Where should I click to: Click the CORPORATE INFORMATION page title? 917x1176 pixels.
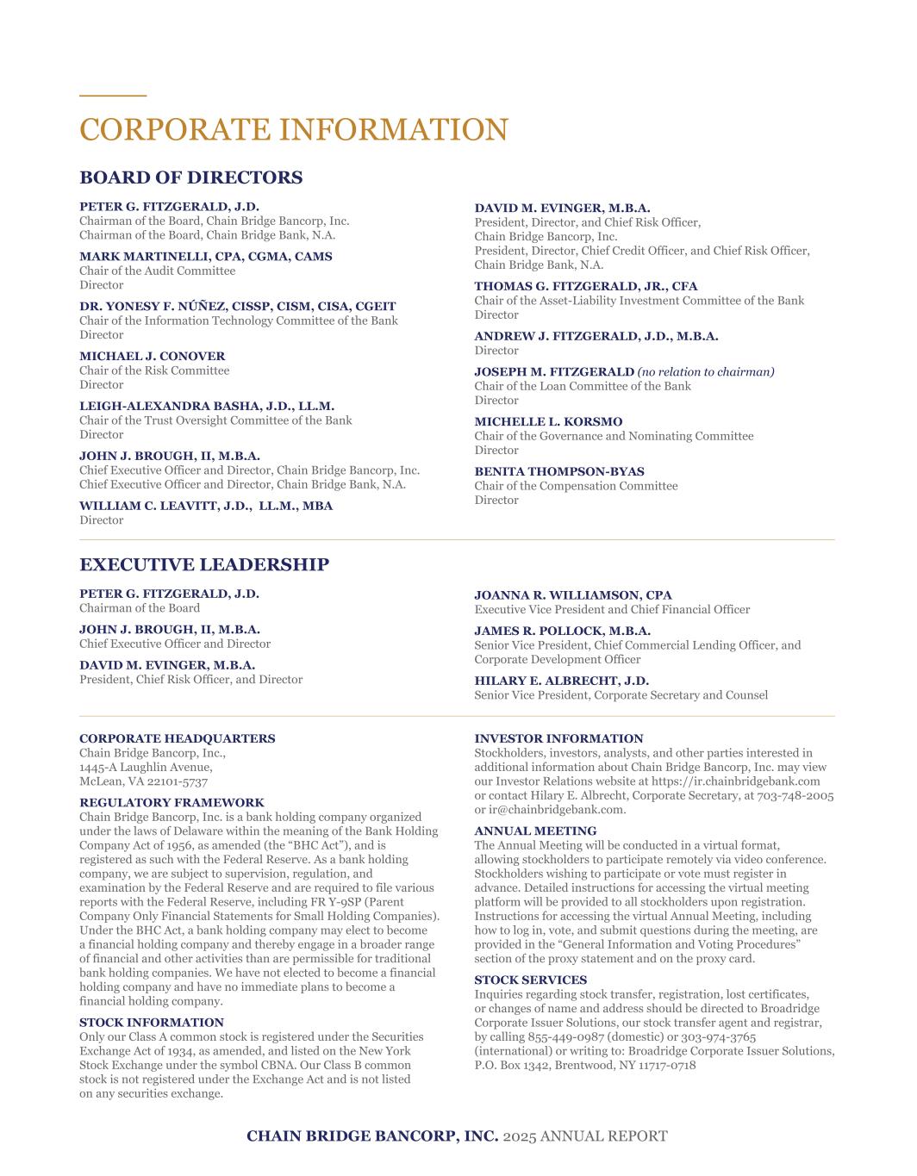coord(293,129)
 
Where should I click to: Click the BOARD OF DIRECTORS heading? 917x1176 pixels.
coord(190,177)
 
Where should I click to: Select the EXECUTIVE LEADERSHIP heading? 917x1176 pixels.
coord(204,564)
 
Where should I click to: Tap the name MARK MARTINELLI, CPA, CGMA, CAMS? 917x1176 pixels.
coord(205,256)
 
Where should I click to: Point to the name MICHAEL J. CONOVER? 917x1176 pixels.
coord(152,356)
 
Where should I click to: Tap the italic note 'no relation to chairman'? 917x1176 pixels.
coord(706,371)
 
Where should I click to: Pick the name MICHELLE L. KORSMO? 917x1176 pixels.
coord(547,421)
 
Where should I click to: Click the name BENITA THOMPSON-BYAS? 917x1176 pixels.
coord(558,471)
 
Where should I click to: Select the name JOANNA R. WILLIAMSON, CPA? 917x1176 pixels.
coord(572,594)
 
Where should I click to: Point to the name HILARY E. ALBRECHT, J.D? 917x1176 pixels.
coord(561,681)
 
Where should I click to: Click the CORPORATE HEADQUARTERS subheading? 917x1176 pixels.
coord(177,738)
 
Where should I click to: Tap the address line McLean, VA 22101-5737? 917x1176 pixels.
coord(143,781)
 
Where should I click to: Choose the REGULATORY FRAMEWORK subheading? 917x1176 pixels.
coord(172,802)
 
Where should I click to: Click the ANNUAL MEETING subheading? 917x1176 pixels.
coord(534,831)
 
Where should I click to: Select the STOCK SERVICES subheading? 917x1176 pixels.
coord(530,980)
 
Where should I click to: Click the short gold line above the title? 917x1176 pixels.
coord(113,95)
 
